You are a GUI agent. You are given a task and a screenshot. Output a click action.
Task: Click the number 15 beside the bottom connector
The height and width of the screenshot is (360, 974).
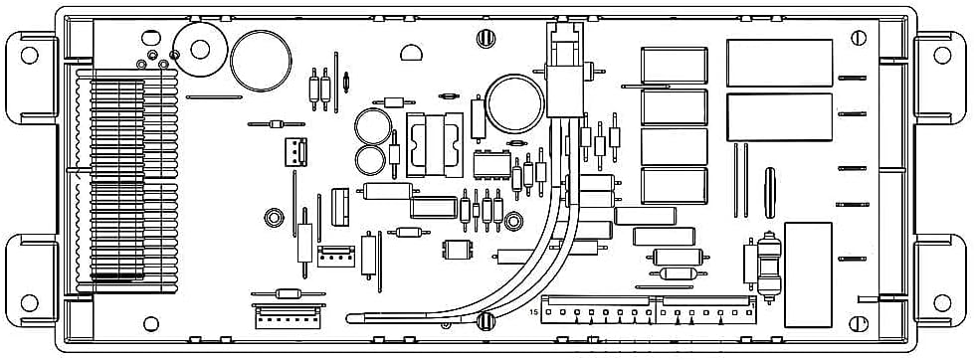point(534,313)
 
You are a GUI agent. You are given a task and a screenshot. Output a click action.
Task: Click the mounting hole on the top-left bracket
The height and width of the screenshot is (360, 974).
point(30,53)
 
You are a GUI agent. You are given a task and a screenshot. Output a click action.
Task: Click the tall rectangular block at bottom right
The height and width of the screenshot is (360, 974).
point(807,274)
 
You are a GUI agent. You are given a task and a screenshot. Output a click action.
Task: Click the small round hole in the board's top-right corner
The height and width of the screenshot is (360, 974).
point(860,37)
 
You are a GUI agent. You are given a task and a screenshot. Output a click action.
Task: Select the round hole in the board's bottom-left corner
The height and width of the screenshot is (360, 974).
point(151,323)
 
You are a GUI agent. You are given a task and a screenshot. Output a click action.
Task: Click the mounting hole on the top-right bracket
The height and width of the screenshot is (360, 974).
point(944,53)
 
